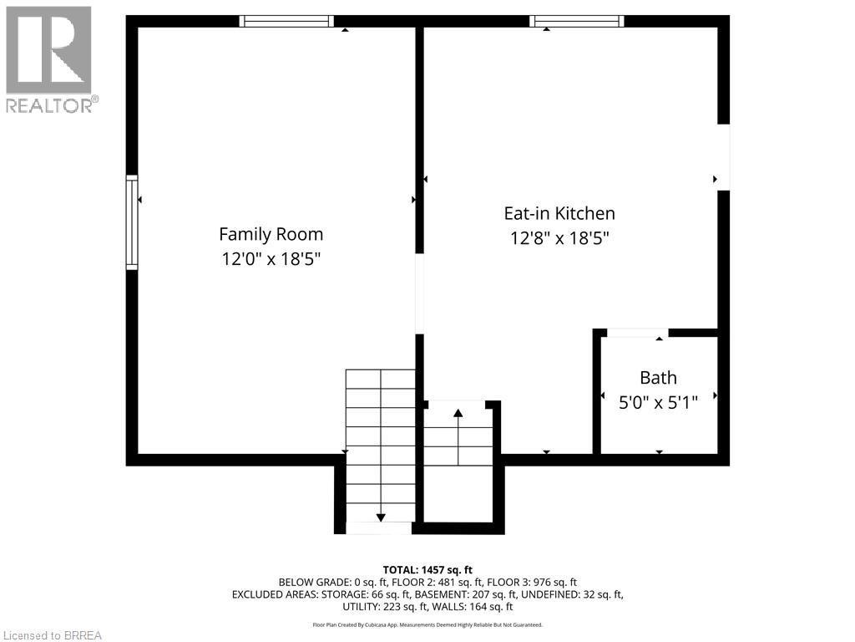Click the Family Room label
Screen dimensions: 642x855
pos(271,234)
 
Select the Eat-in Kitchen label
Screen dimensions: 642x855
pos(559,213)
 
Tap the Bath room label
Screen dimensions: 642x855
pos(658,377)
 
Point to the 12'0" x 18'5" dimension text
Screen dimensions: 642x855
pos(271,259)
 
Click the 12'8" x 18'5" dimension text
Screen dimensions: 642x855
pos(559,238)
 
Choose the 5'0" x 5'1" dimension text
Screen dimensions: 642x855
pos(658,401)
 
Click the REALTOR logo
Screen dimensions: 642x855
pos(49,59)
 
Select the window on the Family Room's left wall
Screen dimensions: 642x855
pos(132,222)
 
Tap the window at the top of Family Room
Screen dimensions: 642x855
pos(286,21)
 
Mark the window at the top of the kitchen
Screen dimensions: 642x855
pos(577,21)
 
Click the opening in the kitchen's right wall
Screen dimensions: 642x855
pos(723,157)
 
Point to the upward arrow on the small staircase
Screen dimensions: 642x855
pos(458,412)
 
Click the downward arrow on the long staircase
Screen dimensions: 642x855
pos(381,517)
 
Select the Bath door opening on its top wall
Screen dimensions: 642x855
pos(637,333)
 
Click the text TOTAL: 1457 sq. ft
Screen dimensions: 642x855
pos(427,569)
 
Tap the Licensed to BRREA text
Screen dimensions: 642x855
pos(52,635)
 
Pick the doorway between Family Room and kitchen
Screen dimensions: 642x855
pos(420,293)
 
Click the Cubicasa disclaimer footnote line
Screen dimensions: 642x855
pos(427,624)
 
